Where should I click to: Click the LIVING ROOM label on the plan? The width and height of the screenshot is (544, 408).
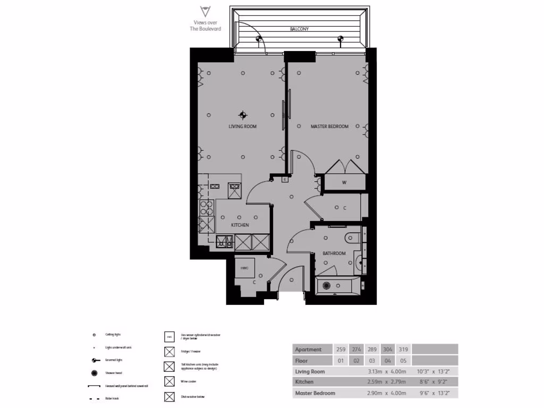(x=243, y=126)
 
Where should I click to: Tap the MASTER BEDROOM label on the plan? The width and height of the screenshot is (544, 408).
(x=329, y=126)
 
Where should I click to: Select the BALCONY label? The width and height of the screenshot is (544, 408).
(x=299, y=29)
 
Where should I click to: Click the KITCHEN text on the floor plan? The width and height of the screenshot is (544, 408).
(x=240, y=225)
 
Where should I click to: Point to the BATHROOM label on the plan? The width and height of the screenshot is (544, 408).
(x=334, y=253)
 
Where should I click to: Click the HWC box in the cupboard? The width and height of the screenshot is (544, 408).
(x=245, y=268)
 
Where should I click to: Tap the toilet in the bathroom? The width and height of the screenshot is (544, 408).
(x=352, y=237)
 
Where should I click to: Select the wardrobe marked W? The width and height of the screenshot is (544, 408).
(x=344, y=183)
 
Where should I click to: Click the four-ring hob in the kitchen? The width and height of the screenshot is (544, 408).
(x=206, y=207)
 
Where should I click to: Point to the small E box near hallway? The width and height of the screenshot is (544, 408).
(x=285, y=180)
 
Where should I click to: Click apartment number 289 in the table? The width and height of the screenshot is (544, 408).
(x=373, y=350)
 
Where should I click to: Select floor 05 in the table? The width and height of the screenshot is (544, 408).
(x=404, y=361)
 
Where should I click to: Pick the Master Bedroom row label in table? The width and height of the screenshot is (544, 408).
(x=315, y=393)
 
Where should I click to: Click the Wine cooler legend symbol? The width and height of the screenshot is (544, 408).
(x=169, y=381)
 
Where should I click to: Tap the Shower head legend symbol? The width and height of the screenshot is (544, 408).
(x=94, y=372)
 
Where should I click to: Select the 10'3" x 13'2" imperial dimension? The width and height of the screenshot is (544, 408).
(x=435, y=371)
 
